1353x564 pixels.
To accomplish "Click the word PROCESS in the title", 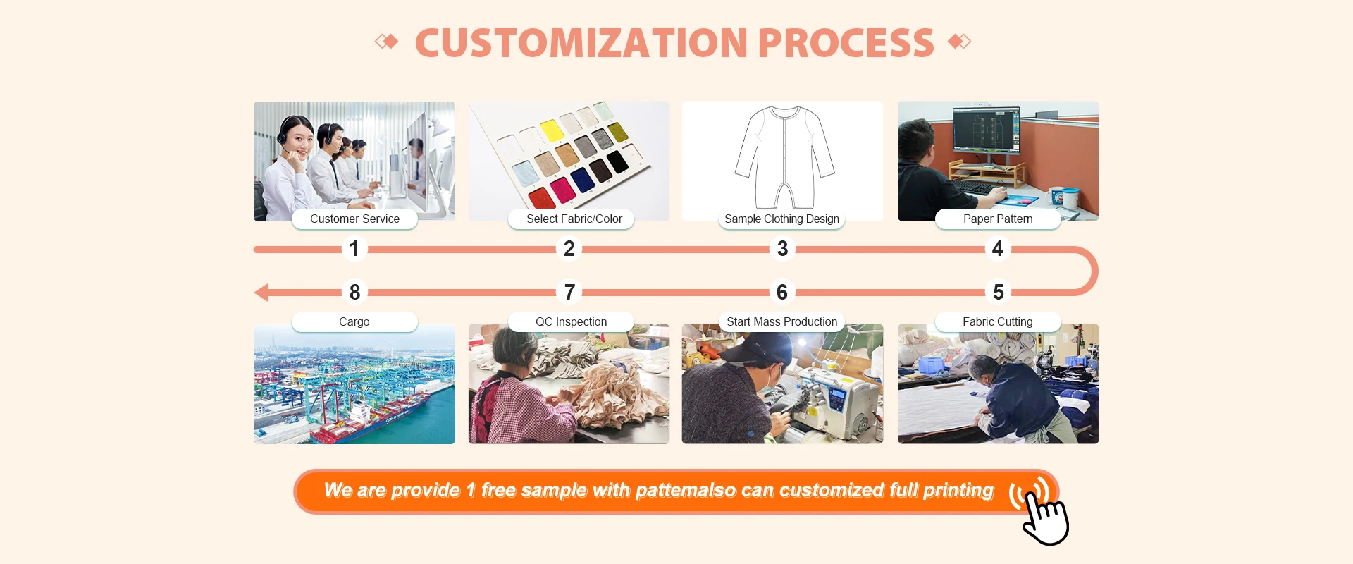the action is (846, 43).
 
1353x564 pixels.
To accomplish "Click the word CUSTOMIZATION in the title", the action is (581, 43).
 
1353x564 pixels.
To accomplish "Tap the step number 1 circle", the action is (354, 249).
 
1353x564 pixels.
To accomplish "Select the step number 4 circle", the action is (997, 249).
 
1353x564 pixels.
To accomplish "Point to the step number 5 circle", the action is (998, 292).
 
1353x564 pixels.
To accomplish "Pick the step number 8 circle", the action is (354, 292).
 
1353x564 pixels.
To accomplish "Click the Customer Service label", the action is (354, 219).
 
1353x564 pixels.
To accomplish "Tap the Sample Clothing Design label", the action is (781, 219).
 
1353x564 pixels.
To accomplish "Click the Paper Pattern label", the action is (997, 219).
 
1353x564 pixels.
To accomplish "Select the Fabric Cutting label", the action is (997, 321).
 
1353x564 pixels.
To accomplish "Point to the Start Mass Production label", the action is (781, 321).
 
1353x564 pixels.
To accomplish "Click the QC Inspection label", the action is (571, 321).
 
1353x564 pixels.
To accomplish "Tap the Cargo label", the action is (354, 321).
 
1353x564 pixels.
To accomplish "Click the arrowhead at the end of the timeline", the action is (261, 292).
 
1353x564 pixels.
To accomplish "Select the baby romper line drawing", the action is (784, 157).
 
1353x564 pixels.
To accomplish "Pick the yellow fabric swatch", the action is (551, 130).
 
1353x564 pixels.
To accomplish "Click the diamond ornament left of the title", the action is (386, 42).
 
